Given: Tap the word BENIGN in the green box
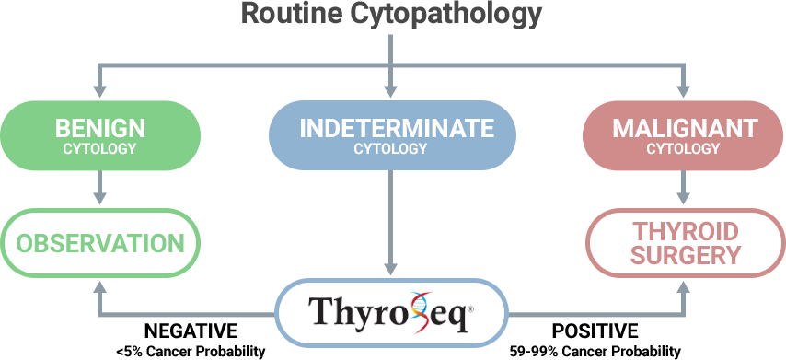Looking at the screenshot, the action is click(100, 128).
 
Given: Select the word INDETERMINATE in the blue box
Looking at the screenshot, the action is click(390, 128).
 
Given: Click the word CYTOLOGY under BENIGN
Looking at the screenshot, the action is click(100, 148).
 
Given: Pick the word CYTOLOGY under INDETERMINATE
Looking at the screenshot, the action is click(390, 148).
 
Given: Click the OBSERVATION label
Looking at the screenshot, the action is click(98, 244).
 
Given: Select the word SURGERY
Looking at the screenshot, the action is click(685, 256).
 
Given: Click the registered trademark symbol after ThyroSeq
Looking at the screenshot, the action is click(471, 309).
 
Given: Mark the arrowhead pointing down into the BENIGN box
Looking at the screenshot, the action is click(100, 91).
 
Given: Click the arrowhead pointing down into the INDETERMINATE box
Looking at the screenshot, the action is click(391, 91).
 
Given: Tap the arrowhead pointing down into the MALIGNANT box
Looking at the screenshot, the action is click(683, 91).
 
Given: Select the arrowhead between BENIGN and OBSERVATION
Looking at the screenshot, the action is click(100, 197).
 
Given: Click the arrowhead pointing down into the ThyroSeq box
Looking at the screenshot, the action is click(391, 268).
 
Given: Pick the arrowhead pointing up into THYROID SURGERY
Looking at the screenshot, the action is click(683, 287).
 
